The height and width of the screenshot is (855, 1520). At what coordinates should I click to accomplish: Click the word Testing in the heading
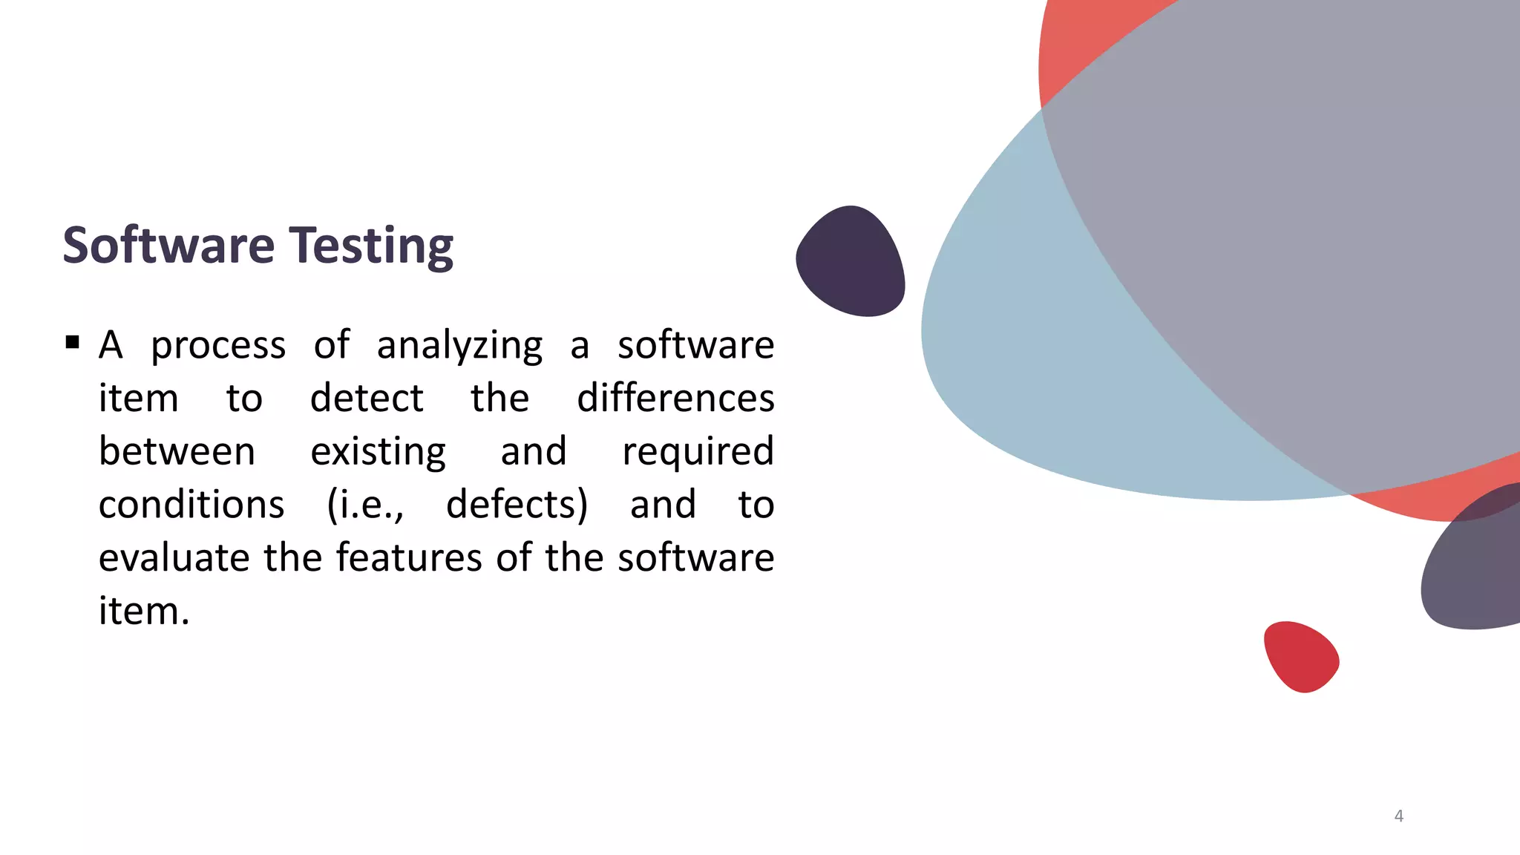(x=370, y=246)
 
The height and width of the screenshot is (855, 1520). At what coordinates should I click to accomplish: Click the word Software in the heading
(x=168, y=246)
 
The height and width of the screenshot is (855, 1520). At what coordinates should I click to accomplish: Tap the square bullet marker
(x=72, y=342)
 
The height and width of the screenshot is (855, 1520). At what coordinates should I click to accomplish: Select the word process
(x=218, y=346)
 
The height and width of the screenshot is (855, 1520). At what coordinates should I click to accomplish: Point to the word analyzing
(x=459, y=346)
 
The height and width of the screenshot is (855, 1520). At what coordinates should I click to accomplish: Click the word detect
(x=367, y=399)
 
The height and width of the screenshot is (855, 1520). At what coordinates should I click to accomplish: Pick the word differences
(x=675, y=399)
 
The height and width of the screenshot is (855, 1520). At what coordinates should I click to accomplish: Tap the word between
(x=177, y=452)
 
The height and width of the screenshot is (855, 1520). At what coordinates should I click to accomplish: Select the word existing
(x=378, y=452)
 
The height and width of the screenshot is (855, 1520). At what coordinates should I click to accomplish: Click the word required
(x=698, y=452)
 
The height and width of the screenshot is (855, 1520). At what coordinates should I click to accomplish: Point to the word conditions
(x=191, y=505)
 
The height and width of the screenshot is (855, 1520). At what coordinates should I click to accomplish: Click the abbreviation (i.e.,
(x=365, y=505)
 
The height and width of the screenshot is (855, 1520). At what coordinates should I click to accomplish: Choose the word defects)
(x=517, y=505)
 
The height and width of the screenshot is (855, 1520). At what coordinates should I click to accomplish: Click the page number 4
(x=1398, y=816)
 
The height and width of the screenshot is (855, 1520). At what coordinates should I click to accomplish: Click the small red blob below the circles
(x=1300, y=657)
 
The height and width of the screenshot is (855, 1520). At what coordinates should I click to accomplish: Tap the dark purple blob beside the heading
(x=851, y=261)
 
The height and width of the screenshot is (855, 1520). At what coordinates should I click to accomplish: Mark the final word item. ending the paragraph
(x=144, y=612)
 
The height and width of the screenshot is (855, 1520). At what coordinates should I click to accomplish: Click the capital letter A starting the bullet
(x=111, y=346)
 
